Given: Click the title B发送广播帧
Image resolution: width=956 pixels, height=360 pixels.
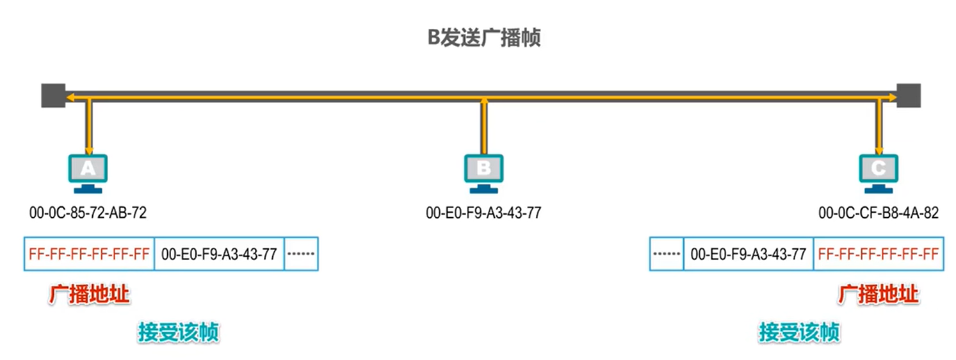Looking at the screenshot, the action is click(x=484, y=37).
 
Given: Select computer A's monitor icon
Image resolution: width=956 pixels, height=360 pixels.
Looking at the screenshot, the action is click(x=88, y=170).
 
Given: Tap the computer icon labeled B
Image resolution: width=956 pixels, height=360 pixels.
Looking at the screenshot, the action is click(x=483, y=170).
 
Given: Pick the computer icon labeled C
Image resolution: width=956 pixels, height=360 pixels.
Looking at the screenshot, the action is click(x=879, y=170).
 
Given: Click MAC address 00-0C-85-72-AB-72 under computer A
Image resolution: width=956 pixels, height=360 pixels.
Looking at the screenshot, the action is click(x=88, y=213).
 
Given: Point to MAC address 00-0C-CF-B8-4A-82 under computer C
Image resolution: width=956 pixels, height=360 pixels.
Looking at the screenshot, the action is click(x=879, y=213).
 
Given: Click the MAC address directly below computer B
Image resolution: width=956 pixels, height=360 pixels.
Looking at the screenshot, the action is click(x=483, y=213).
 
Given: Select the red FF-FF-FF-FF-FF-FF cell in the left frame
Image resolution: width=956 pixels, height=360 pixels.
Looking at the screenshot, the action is click(x=89, y=254).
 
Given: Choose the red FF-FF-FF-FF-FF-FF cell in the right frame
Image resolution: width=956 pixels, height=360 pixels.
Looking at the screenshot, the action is click(x=879, y=254).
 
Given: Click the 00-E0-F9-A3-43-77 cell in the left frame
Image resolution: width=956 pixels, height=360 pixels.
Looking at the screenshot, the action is click(x=219, y=254).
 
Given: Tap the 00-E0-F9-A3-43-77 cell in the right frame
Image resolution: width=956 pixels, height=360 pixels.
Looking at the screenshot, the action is click(x=748, y=254).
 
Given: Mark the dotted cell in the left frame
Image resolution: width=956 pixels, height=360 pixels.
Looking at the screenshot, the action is click(x=300, y=254).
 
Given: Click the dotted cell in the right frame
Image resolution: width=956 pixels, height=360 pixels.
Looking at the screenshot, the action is click(x=667, y=254).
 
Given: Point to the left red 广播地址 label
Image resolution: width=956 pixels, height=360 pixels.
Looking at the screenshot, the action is click(x=89, y=295).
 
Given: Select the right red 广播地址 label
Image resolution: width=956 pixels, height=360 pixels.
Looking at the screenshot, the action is click(x=879, y=295).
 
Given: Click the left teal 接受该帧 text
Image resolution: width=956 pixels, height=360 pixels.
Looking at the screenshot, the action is click(x=179, y=332).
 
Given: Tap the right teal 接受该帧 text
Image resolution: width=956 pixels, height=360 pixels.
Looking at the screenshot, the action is click(x=799, y=332).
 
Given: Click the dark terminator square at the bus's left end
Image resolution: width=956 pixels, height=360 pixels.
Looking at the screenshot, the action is click(x=53, y=95).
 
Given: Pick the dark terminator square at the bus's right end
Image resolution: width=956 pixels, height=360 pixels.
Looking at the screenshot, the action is click(x=909, y=95).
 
